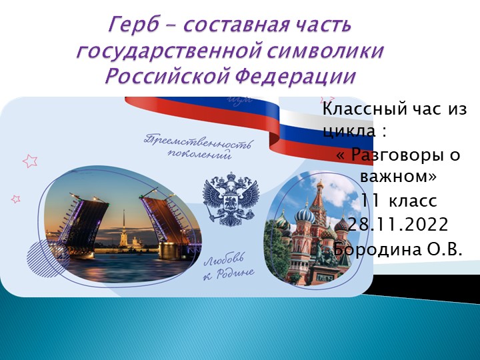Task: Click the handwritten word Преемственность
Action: [191, 141]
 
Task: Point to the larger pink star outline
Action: [30, 161]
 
